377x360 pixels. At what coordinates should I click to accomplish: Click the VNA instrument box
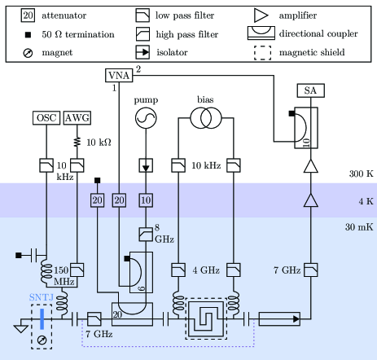(119, 75)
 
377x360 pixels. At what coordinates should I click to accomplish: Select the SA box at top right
(311, 90)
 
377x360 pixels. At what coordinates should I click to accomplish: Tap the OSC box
(46, 118)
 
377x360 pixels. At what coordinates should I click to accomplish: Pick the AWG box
(77, 118)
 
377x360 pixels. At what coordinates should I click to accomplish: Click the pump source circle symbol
(146, 118)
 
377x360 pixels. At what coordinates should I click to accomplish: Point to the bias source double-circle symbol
(206, 118)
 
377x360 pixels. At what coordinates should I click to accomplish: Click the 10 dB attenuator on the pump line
(146, 200)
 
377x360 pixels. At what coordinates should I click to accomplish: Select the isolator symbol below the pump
(146, 165)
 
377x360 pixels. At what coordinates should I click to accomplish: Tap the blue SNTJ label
(42, 297)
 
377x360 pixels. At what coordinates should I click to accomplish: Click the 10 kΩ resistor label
(99, 143)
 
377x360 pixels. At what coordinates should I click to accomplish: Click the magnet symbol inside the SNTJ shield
(42, 340)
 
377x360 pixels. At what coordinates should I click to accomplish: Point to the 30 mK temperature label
(359, 227)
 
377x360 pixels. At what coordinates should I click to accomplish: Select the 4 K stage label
(366, 201)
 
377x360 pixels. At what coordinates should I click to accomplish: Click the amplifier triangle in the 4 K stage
(311, 200)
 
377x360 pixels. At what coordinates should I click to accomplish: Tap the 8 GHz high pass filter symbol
(146, 235)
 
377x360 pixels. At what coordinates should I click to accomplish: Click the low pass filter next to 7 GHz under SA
(311, 270)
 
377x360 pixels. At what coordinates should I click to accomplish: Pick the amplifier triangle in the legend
(261, 15)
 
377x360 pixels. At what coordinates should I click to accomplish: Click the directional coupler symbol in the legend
(261, 33)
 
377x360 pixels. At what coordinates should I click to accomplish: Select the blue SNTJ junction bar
(42, 319)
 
